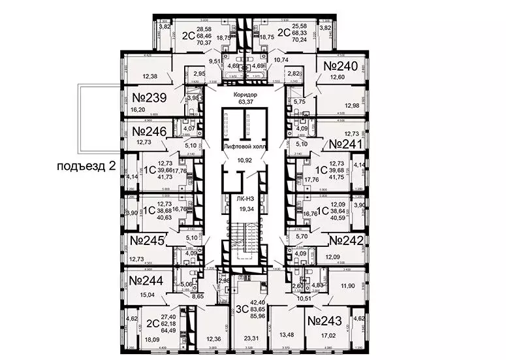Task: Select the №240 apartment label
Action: [341, 67]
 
